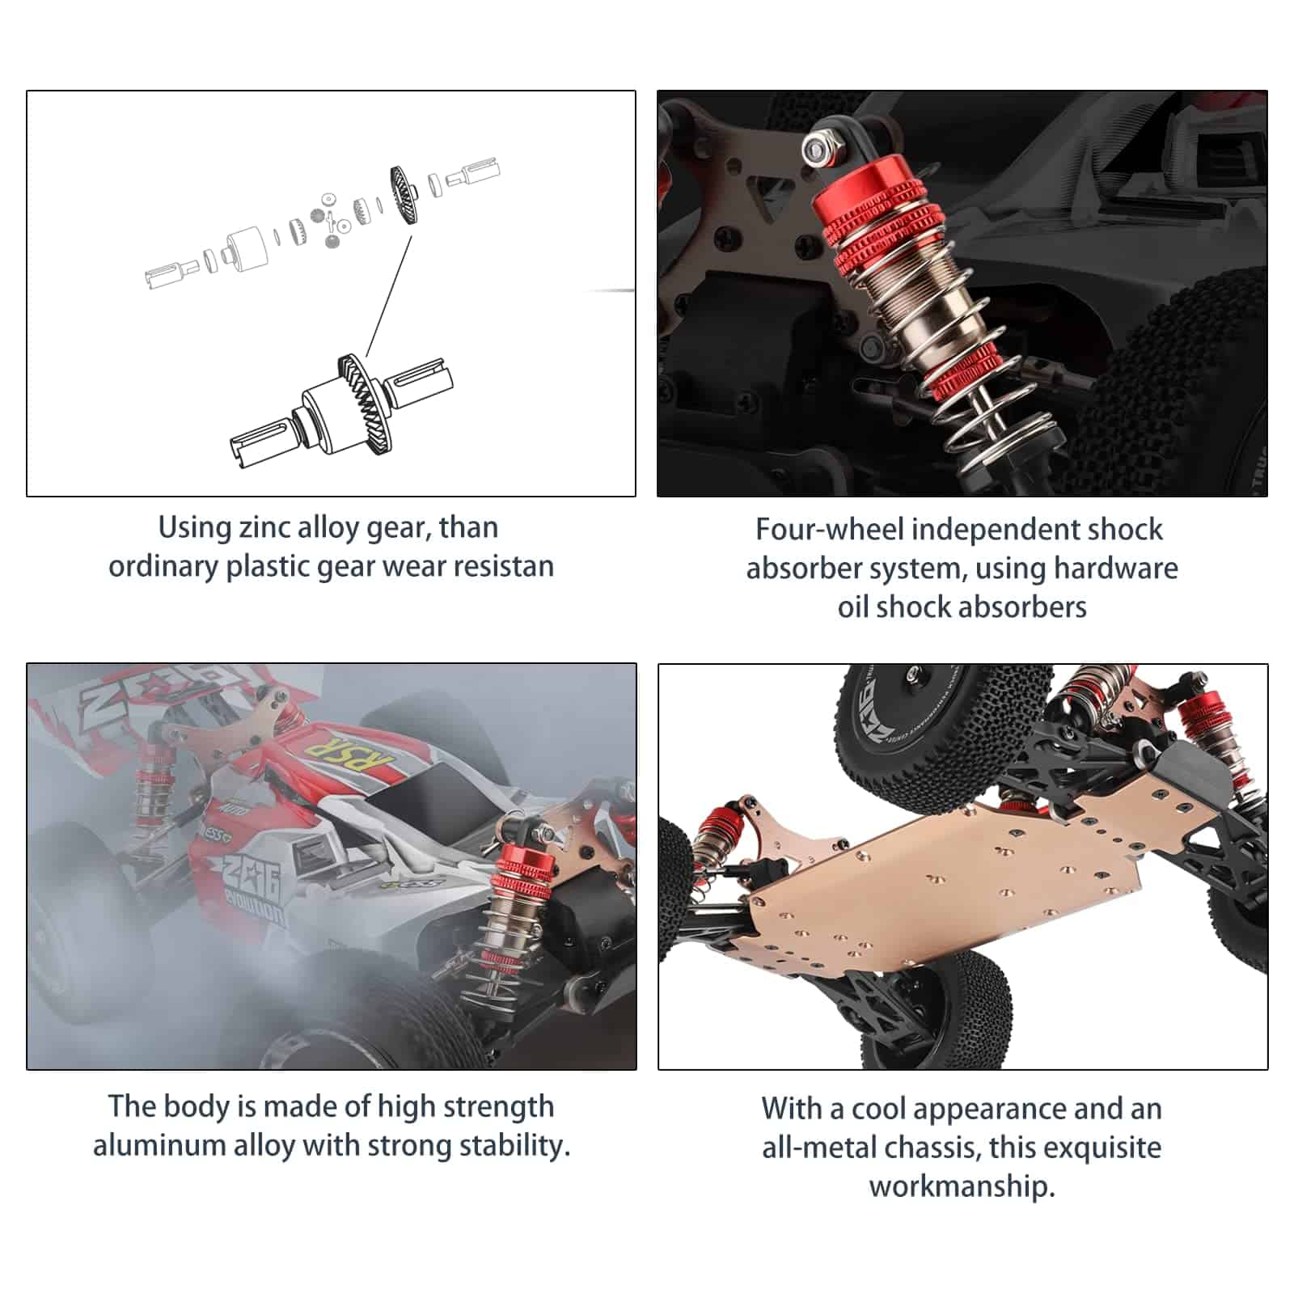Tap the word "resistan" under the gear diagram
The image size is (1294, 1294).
[x=503, y=566]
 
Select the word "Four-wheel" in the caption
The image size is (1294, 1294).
[x=829, y=529]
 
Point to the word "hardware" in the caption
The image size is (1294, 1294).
[x=1115, y=568]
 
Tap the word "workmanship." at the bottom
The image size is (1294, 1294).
[x=962, y=1186]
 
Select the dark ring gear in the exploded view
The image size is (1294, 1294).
[x=406, y=195]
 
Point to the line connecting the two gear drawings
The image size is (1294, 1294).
[x=388, y=296]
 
